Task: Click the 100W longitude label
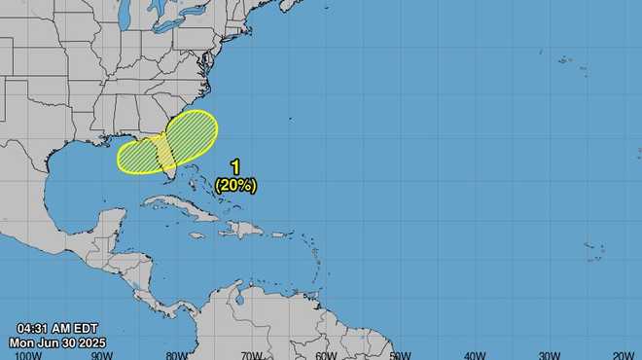pyautogui.click(x=28, y=354)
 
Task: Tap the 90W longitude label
pyautogui.click(x=103, y=354)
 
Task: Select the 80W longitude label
pyautogui.click(x=177, y=354)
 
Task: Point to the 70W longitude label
pyautogui.click(x=251, y=354)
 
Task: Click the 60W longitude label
pyautogui.click(x=326, y=354)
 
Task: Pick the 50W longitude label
pyautogui.click(x=400, y=354)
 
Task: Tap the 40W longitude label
pyautogui.click(x=475, y=354)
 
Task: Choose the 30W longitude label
pyautogui.click(x=549, y=354)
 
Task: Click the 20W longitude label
pyautogui.click(x=623, y=354)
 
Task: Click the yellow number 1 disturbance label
pyautogui.click(x=235, y=167)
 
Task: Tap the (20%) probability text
pyautogui.click(x=235, y=184)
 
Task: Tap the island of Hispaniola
pyautogui.click(x=244, y=230)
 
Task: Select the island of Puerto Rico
pyautogui.click(x=278, y=234)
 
